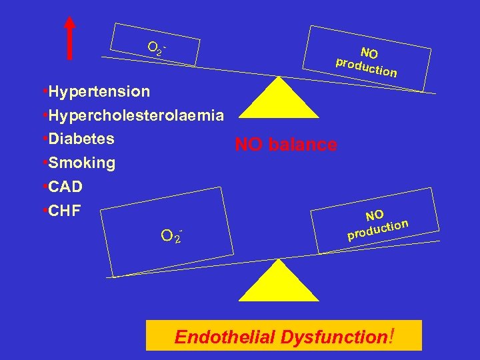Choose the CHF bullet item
(x=61, y=211)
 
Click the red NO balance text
(x=286, y=145)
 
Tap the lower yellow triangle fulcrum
(x=278, y=281)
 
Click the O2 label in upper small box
(x=156, y=48)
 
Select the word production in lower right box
(x=377, y=229)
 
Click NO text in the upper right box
(x=369, y=53)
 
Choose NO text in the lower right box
(x=374, y=215)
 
